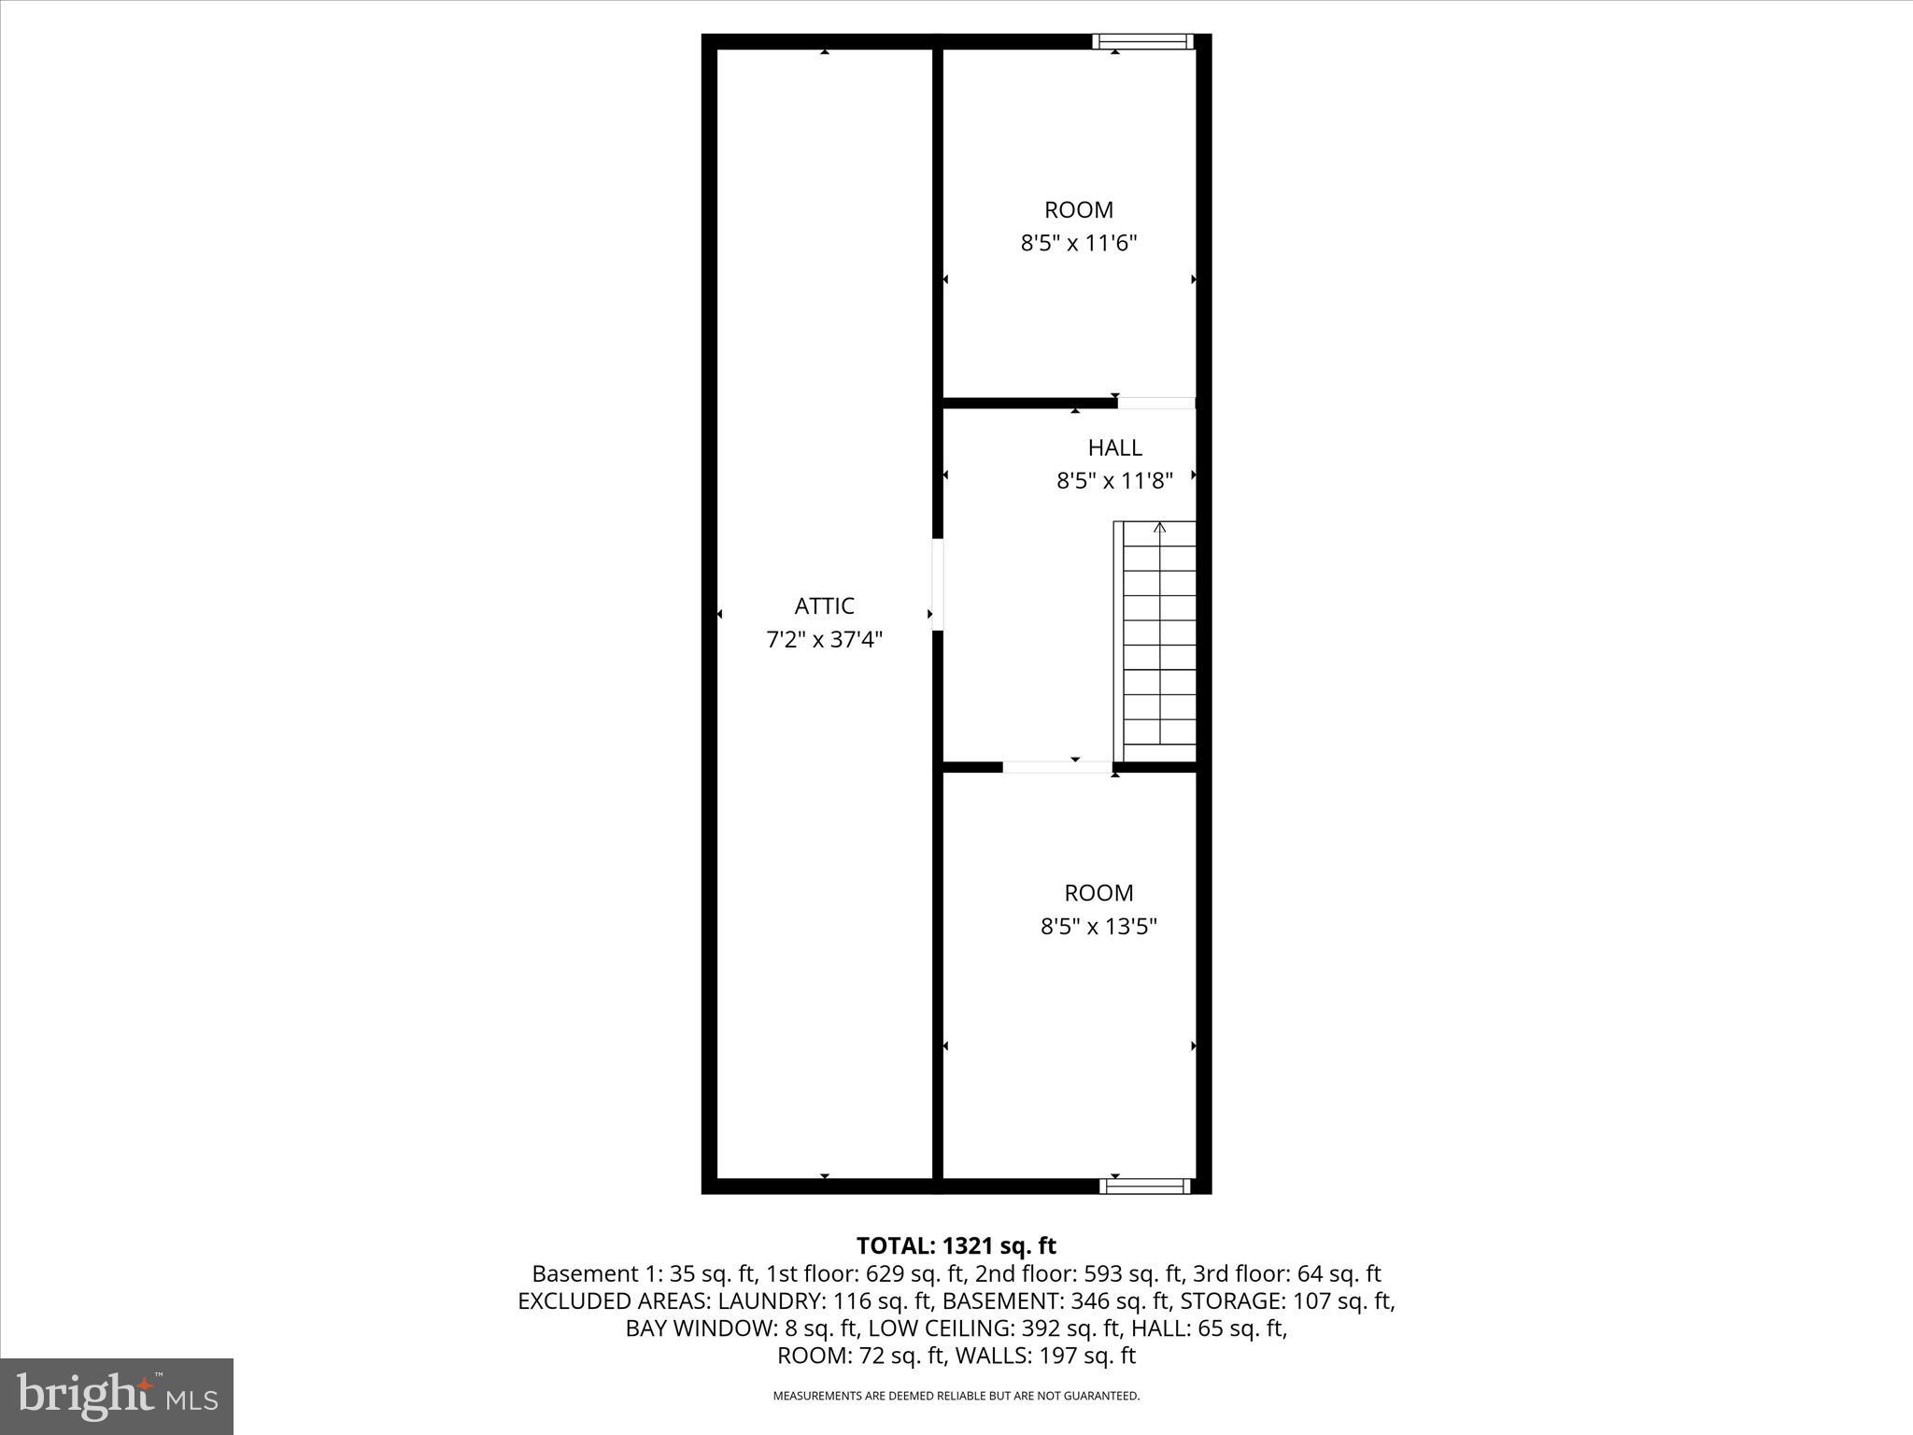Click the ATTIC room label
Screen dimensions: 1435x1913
point(824,606)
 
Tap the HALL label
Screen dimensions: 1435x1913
point(1114,448)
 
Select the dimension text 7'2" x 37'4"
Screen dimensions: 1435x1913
point(824,640)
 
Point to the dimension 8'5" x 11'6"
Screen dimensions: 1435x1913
point(1078,244)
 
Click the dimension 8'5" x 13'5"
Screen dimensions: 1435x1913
point(1098,927)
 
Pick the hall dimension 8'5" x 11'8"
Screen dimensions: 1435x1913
point(1114,481)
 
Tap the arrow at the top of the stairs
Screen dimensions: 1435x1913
point(1160,528)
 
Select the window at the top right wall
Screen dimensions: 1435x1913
point(1142,41)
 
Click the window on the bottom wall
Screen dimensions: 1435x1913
point(1144,1186)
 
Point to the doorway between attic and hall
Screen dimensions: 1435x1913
point(937,584)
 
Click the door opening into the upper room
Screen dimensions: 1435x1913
point(1156,404)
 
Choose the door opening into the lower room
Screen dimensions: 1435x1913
point(1057,767)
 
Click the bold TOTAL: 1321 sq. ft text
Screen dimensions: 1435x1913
point(956,1245)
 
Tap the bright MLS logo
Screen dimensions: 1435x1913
point(117,1397)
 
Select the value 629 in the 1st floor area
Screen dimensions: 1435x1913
point(885,1273)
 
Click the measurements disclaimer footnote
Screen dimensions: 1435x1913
point(956,1396)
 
